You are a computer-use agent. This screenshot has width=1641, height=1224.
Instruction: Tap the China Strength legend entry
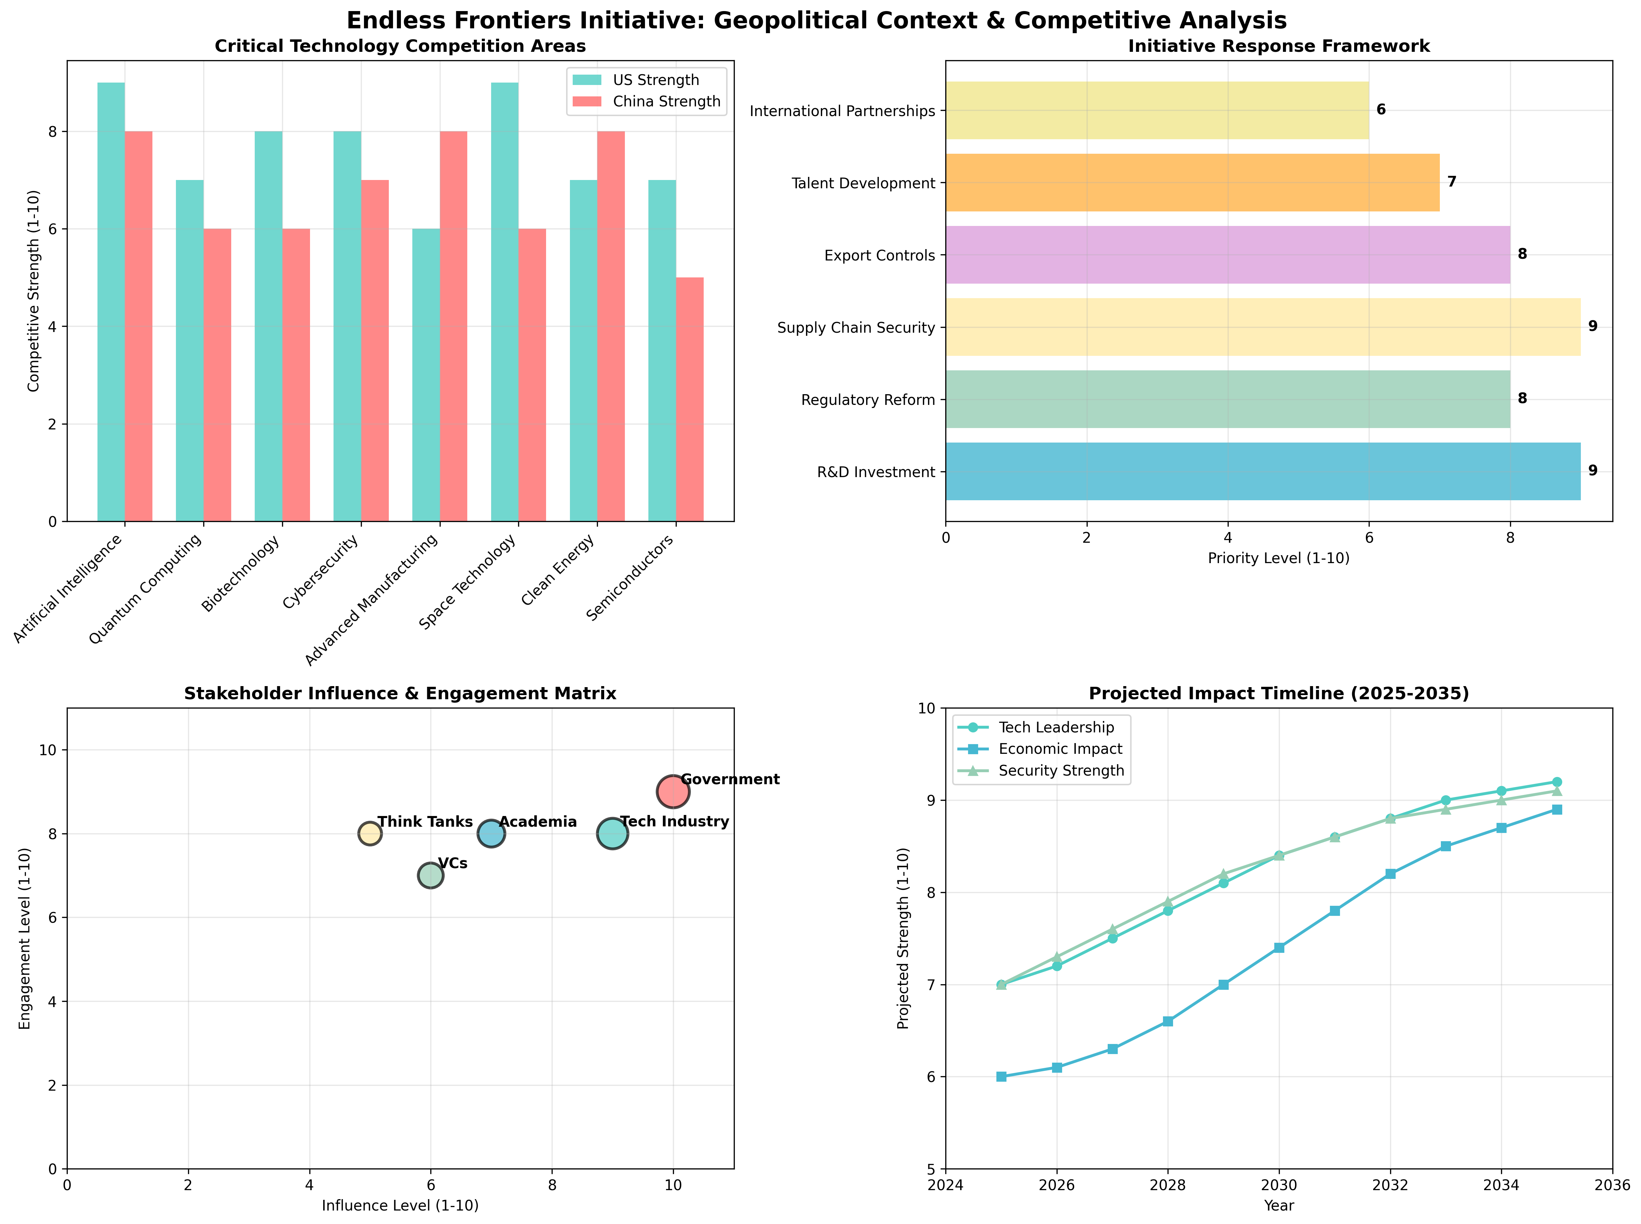666,102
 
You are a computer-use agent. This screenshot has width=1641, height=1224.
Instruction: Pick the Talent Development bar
1192,182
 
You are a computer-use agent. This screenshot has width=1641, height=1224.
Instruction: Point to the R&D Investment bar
1262,471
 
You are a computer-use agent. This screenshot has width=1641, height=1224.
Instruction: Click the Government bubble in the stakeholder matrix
672,791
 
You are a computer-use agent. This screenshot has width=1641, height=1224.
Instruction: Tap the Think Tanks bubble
370,834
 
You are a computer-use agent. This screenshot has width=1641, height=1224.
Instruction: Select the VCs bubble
431,875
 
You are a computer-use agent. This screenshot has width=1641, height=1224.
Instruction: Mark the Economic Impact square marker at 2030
1278,948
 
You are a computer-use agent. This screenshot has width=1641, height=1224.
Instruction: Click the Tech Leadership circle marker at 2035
1557,782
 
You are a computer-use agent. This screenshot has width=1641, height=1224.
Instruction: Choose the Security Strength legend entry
1060,770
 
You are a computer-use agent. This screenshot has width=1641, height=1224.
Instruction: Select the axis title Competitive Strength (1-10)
34,291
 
